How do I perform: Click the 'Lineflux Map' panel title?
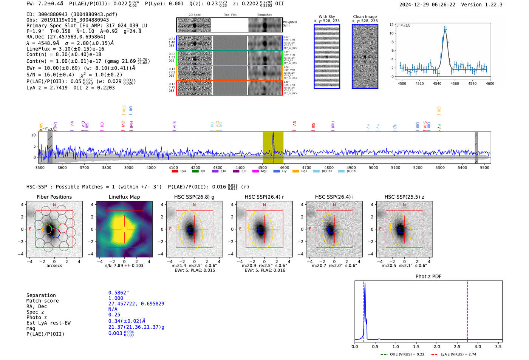(x=124, y=197)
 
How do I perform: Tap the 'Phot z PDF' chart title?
(x=428, y=276)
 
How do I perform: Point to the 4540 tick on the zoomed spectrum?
(x=437, y=83)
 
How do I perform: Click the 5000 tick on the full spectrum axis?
(x=373, y=167)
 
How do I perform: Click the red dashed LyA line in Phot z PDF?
(x=467, y=310)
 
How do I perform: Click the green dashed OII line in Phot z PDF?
(x=363, y=310)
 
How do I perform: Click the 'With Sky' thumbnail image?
(x=327, y=56)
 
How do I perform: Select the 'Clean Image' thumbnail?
(x=365, y=56)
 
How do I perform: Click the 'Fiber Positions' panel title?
(x=54, y=197)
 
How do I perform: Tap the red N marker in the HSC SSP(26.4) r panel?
(x=264, y=205)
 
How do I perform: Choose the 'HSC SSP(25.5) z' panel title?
(x=404, y=197)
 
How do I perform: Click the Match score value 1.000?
(x=116, y=298)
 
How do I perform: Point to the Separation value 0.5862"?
(x=119, y=293)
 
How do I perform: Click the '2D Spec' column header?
(x=195, y=15)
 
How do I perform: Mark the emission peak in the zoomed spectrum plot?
(x=445, y=30)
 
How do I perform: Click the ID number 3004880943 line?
(x=72, y=14)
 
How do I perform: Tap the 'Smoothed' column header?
(x=264, y=15)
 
